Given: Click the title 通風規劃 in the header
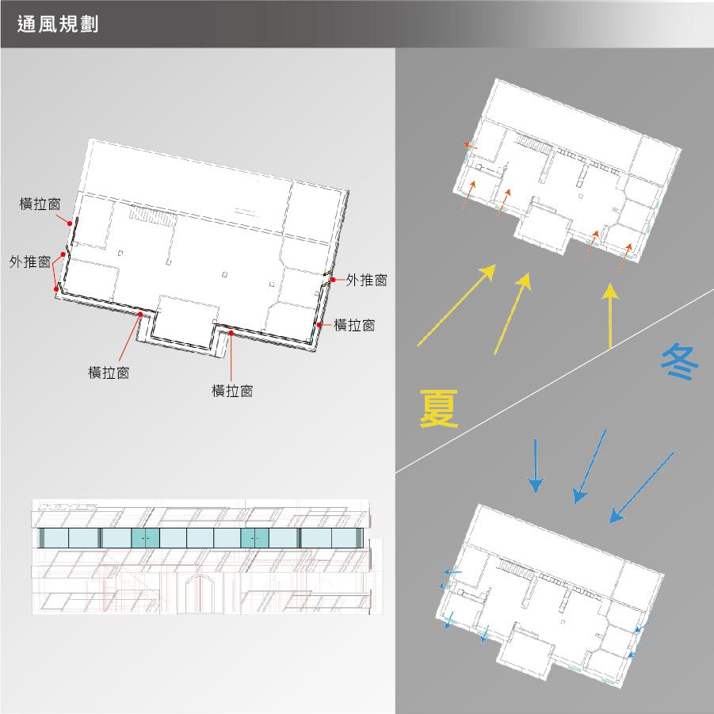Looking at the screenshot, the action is [x=58, y=24].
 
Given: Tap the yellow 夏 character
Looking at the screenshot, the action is [x=438, y=408].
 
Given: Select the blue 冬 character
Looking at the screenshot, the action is [x=679, y=361].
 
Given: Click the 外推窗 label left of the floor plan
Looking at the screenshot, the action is [x=30, y=262].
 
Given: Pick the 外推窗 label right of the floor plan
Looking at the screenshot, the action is [x=367, y=280].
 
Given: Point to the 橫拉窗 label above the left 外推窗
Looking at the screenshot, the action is [x=40, y=204].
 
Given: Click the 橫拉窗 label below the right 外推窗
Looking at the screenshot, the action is [x=354, y=325].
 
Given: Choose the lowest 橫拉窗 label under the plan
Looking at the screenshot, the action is [x=232, y=391].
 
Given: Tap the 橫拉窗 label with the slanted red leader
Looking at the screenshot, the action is [x=109, y=372].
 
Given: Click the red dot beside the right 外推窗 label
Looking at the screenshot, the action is [x=334, y=280].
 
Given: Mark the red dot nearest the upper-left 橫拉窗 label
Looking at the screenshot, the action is [x=69, y=223].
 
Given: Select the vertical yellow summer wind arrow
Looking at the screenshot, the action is [x=610, y=316].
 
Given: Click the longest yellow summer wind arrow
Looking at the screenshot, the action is [x=456, y=305].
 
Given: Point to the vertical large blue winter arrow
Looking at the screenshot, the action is [x=536, y=466].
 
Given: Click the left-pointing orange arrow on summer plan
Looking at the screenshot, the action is [x=471, y=146].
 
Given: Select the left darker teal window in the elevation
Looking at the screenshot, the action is [x=145, y=538].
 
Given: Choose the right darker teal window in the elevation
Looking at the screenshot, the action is [x=254, y=538].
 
